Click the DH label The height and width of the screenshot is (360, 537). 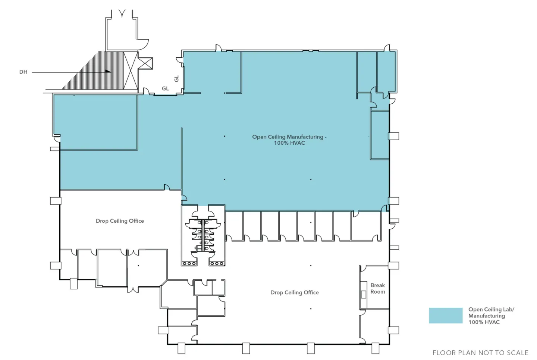(x=23, y=72)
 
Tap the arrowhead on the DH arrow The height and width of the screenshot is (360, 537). (x=108, y=71)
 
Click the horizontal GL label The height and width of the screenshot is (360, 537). (x=165, y=88)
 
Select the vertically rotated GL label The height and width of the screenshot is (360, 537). (x=177, y=79)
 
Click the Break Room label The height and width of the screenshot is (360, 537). (x=378, y=288)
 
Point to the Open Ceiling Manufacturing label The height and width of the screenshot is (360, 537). (x=289, y=137)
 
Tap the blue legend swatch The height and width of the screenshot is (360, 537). (x=446, y=316)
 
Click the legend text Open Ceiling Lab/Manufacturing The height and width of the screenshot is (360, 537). (x=491, y=313)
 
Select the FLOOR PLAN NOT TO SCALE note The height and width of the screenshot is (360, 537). (x=480, y=353)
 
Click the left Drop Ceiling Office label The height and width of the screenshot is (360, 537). (x=120, y=221)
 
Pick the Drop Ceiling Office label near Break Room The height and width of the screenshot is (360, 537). (x=295, y=292)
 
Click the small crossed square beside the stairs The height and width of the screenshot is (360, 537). (x=145, y=63)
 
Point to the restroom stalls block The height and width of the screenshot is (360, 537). (x=203, y=235)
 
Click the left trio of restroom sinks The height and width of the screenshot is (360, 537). (x=189, y=263)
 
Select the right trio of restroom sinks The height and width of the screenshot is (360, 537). (x=217, y=263)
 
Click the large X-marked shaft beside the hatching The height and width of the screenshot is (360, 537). (x=131, y=71)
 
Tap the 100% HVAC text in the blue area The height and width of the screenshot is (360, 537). (x=290, y=143)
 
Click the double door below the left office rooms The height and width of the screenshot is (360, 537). (x=133, y=289)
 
